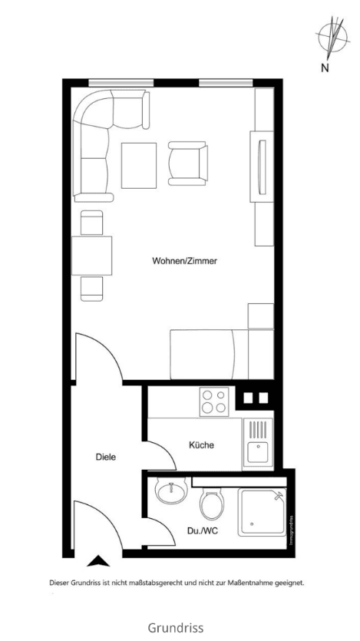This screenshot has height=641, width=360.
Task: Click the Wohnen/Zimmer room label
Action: pos(185,261)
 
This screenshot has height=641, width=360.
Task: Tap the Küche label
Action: pos(201,445)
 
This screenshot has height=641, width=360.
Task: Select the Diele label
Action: pos(106,458)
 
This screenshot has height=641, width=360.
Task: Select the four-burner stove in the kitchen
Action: pos(214,401)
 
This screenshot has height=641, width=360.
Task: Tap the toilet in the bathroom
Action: pos(212,507)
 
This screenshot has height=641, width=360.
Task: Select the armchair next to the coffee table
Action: pos(187,164)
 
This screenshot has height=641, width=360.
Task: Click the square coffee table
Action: pos(139,165)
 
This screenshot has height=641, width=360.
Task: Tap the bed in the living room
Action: pos(221,353)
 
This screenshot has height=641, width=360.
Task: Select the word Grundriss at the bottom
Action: pos(176,627)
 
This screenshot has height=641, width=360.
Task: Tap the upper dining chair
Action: pos(91,223)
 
